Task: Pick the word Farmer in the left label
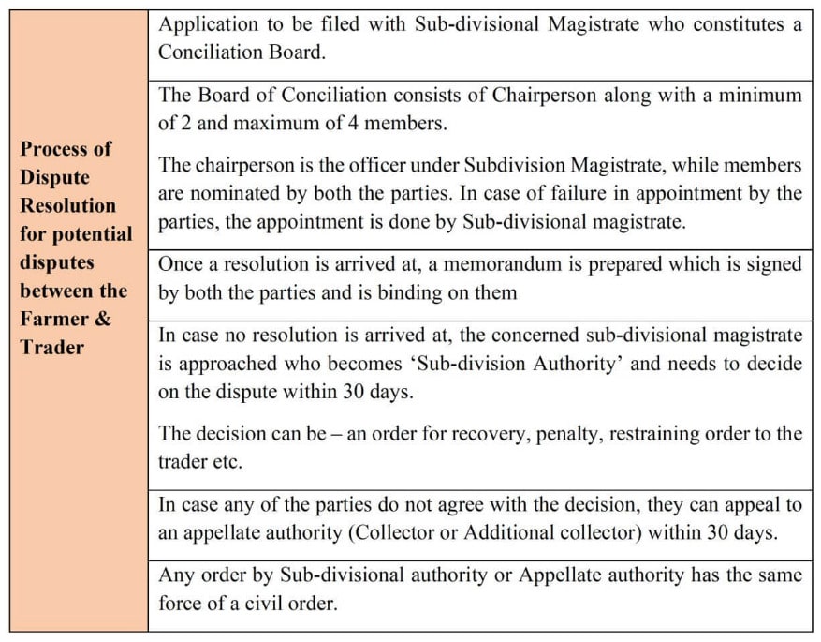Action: tap(54, 319)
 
